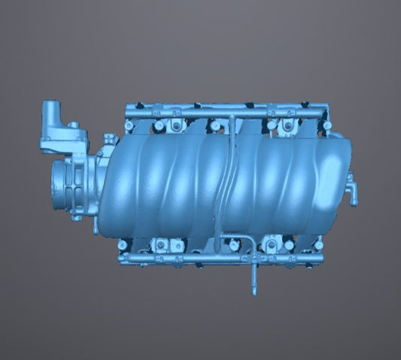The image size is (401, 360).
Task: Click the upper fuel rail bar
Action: pyautogui.click(x=226, y=112)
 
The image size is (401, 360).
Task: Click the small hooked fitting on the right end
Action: pyautogui.click(x=351, y=191)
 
